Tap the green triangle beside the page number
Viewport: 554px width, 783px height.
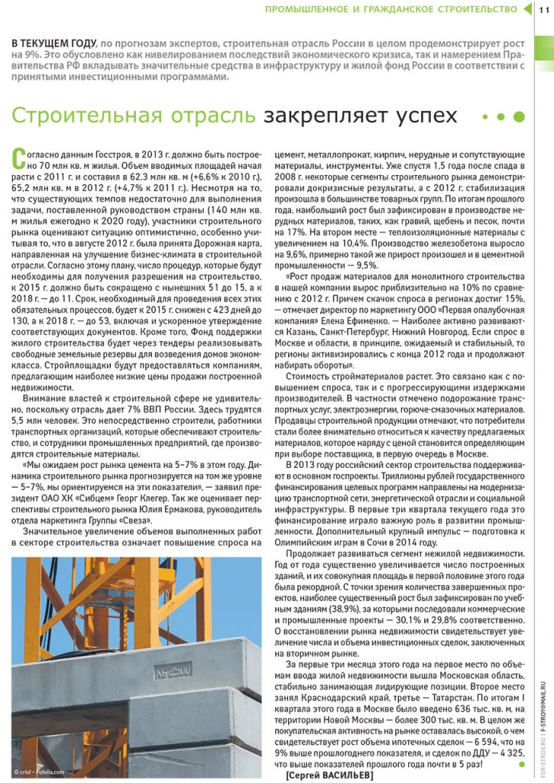click(526, 9)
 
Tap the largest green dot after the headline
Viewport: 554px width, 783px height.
click(519, 117)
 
